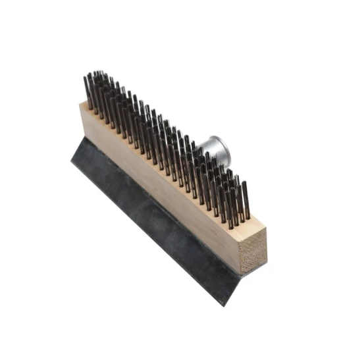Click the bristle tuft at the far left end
[87, 89]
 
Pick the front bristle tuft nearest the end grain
[244, 201]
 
